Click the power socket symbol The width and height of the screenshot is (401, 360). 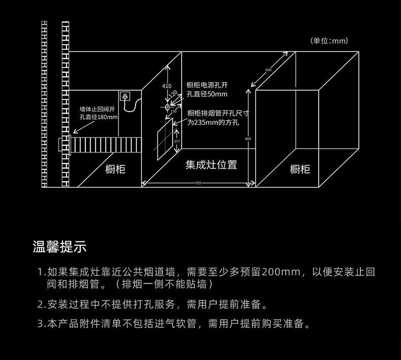coord(125,95)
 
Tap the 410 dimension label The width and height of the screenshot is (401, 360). coord(166,86)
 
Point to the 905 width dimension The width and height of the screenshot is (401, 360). coord(198,183)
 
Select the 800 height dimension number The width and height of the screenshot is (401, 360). coord(248,138)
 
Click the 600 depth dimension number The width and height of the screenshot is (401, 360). coord(268,69)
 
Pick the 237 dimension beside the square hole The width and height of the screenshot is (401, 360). coord(176,141)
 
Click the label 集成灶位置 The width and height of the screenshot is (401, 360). coord(211,165)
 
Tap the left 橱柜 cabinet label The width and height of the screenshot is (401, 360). coord(115,169)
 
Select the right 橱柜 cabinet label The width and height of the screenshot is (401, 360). coord(300,169)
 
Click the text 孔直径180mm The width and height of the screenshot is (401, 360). coord(98,117)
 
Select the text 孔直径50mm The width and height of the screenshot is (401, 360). coord(207,94)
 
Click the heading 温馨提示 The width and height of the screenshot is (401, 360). coord(59,247)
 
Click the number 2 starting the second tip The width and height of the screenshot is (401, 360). coord(41,305)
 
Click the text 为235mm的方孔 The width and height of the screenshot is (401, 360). coord(213,123)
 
